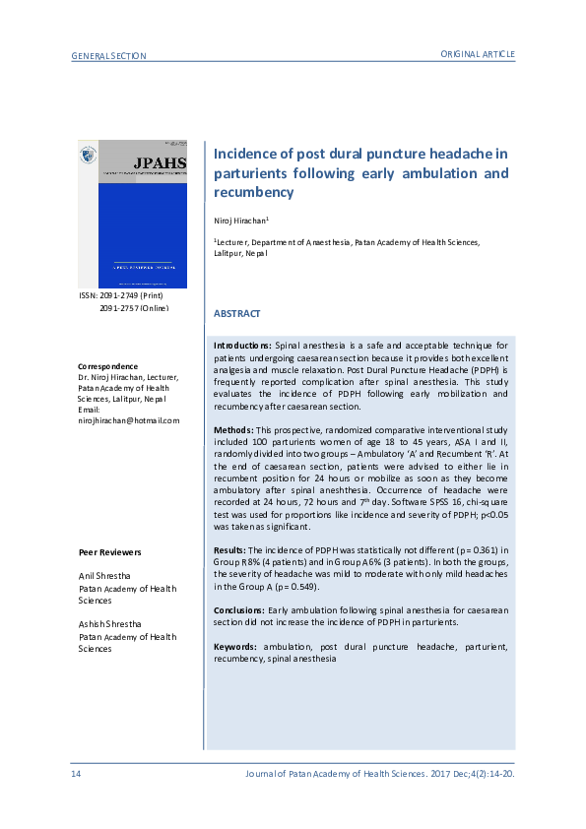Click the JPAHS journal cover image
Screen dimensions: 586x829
(x=132, y=214)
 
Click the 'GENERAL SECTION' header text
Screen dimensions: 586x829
(x=109, y=56)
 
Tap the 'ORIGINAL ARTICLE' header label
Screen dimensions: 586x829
(x=477, y=53)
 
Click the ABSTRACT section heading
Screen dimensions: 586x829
(x=237, y=314)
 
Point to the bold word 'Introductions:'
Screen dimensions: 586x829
(x=243, y=347)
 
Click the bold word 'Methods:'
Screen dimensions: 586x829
(x=233, y=431)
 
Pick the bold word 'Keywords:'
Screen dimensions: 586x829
(x=237, y=647)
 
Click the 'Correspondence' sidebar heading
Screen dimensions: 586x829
(x=108, y=367)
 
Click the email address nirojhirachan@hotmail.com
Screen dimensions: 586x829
(x=129, y=420)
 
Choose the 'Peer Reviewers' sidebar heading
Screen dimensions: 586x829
(x=109, y=553)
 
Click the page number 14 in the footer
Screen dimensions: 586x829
(x=76, y=774)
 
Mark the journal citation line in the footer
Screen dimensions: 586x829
(x=379, y=774)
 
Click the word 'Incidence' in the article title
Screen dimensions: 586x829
(x=251, y=154)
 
